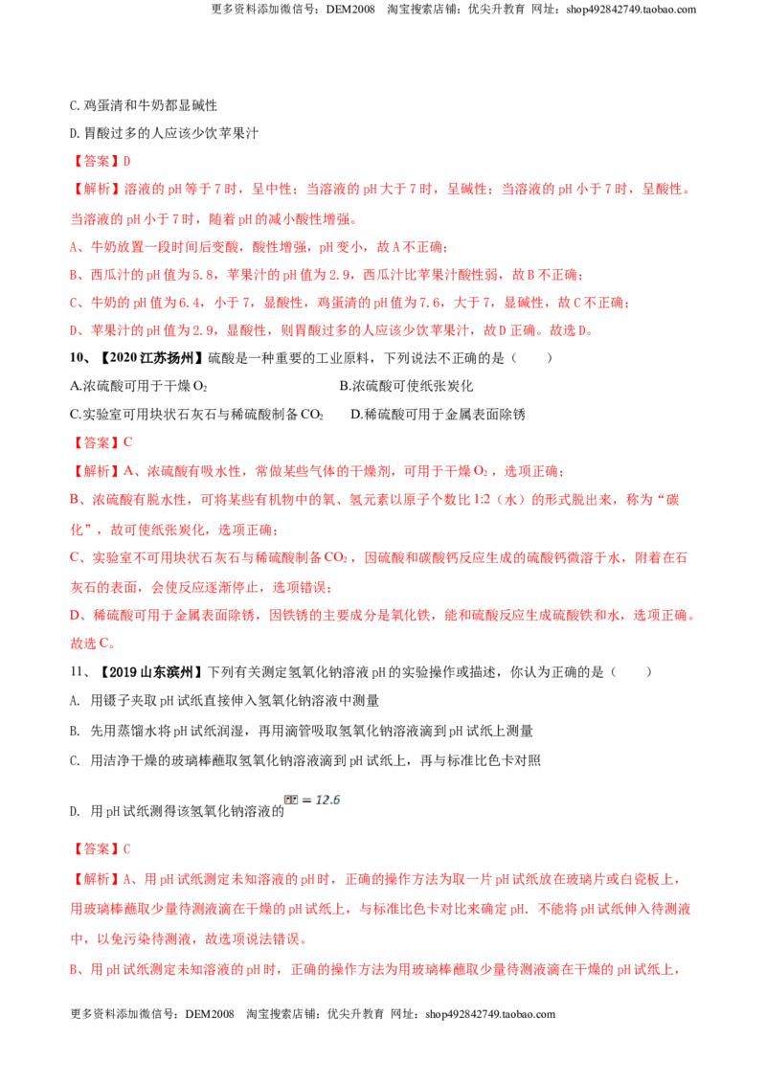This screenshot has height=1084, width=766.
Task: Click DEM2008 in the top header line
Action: [x=350, y=10]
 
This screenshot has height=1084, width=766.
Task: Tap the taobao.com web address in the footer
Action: [x=490, y=1014]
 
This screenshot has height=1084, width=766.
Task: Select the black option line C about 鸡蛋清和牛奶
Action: [x=144, y=105]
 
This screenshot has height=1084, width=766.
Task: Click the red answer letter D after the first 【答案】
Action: [x=126, y=161]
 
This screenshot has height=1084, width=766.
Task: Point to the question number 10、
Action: [x=80, y=357]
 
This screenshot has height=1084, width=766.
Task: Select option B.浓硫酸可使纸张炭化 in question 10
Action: [x=407, y=386]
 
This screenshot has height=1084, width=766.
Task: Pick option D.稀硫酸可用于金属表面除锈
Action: [x=438, y=414]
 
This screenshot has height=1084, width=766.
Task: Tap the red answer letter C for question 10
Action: [x=127, y=442]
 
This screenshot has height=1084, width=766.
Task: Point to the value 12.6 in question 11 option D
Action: [x=327, y=800]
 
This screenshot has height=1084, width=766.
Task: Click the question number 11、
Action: [x=80, y=672]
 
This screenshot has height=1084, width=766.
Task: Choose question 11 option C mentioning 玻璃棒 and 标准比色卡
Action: [x=304, y=760]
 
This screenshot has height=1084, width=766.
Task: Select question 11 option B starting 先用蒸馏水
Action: [x=302, y=731]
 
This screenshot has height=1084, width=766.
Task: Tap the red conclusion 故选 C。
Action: [x=93, y=643]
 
